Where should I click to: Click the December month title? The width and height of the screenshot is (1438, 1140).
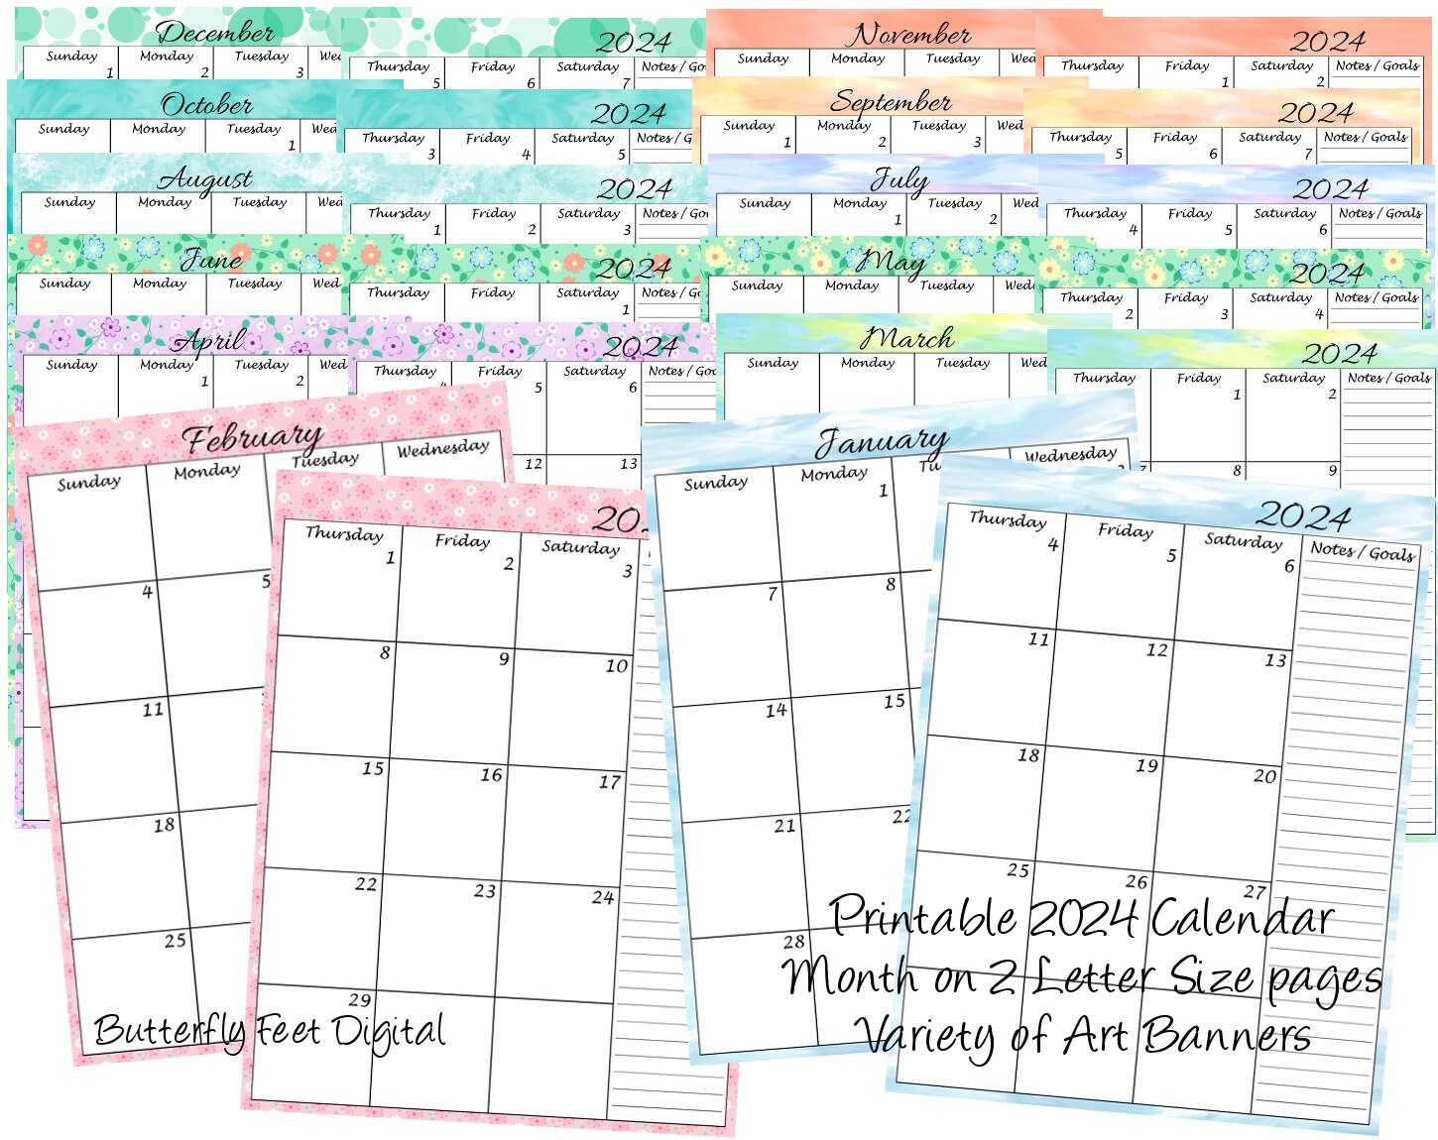pos(215,33)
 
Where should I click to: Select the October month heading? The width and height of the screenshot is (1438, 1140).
pos(206,104)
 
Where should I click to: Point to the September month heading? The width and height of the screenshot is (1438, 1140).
pos(891,101)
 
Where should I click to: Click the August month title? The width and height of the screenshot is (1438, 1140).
pos(205,179)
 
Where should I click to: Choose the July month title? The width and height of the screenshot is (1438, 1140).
pos(899,180)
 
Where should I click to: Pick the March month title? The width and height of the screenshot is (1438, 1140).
pos(906,338)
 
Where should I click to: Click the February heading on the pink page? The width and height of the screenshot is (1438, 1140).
pos(252,437)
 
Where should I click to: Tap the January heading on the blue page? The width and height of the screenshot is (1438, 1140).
pos(881,441)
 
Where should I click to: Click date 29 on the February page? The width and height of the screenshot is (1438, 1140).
pos(360,999)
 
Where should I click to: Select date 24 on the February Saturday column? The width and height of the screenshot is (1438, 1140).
pos(603,897)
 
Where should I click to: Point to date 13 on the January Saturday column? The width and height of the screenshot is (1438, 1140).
pos(1275,660)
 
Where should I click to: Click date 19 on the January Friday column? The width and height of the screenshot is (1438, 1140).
pos(1146,765)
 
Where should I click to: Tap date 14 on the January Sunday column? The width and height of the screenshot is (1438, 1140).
pos(776,710)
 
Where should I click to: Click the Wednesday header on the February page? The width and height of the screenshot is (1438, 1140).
pos(442,448)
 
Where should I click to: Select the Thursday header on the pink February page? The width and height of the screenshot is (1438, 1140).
pos(343,533)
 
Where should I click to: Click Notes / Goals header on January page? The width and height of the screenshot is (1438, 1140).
pos(1362,551)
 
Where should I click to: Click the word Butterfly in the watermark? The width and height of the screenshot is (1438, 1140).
pos(170,1031)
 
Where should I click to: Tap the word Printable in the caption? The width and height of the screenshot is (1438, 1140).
pos(922,917)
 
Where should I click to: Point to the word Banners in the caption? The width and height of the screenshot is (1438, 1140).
pos(1228,1036)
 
